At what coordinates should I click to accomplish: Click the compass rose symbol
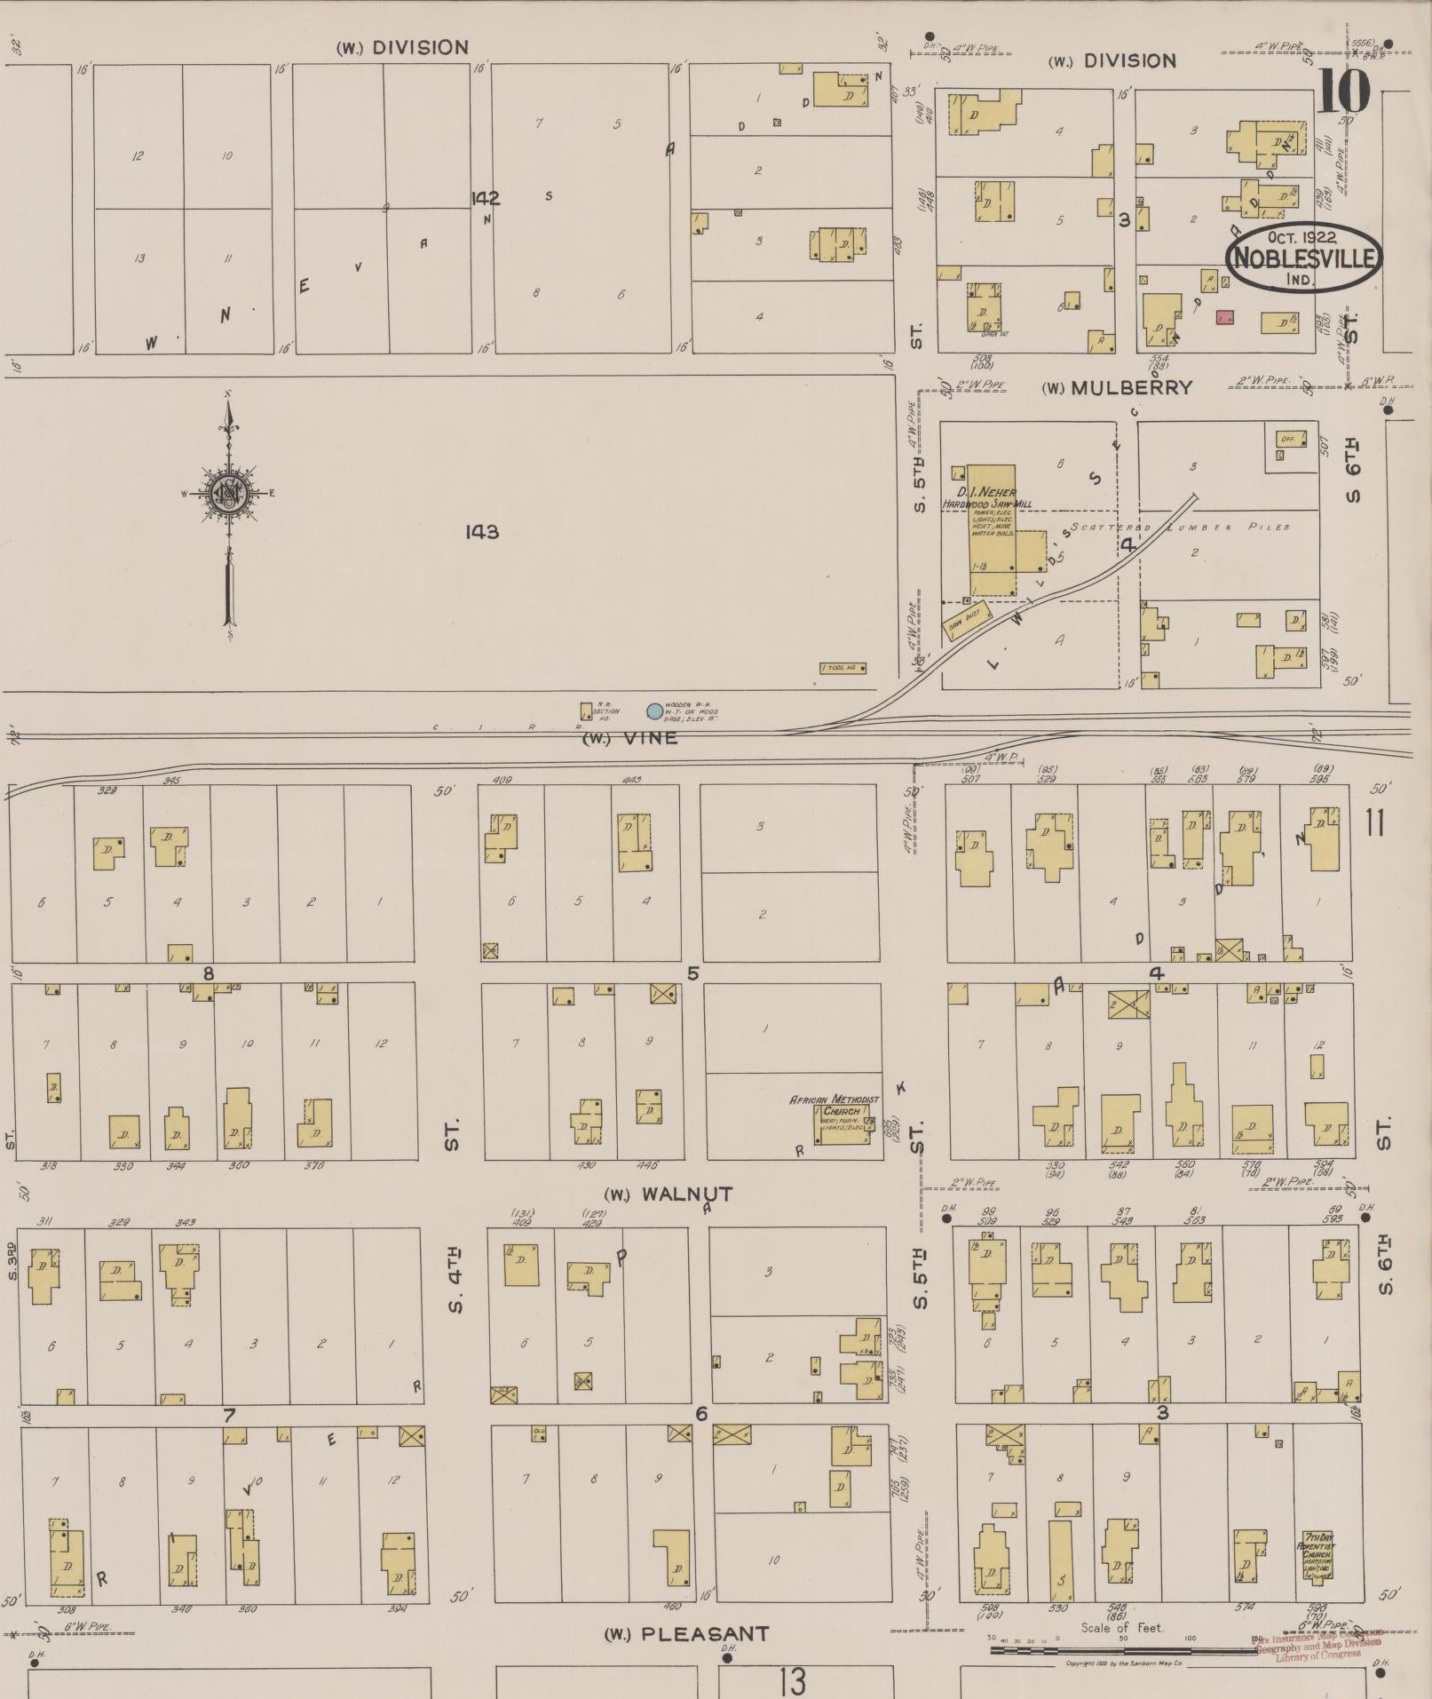(x=228, y=493)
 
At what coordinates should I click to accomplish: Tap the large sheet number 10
(x=1343, y=92)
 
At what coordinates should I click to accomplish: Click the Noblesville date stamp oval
(x=1302, y=258)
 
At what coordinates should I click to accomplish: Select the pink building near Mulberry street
(x=1226, y=317)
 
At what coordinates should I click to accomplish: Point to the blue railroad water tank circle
(x=654, y=711)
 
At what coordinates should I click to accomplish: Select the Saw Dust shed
(x=967, y=614)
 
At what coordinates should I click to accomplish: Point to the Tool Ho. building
(x=843, y=668)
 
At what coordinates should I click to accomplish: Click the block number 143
(x=481, y=532)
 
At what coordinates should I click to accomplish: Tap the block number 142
(x=486, y=198)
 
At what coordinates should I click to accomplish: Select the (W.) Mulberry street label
(x=1117, y=388)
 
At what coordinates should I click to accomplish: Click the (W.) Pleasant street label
(x=686, y=1634)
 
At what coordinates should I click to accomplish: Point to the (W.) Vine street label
(x=629, y=738)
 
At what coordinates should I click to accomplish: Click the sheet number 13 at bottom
(x=792, y=1680)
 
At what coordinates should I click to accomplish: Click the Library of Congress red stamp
(x=1317, y=1644)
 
